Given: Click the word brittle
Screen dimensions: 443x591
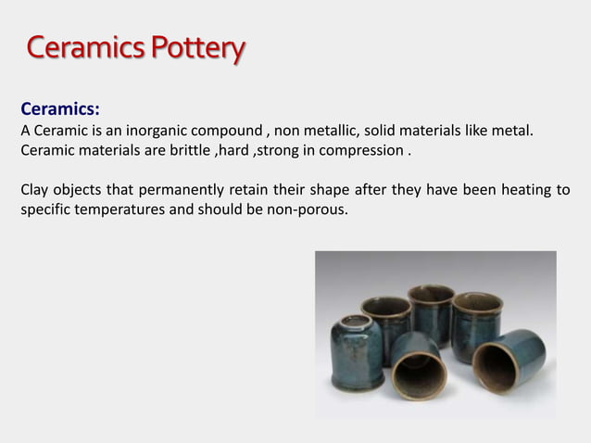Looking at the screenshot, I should pyautogui.click(x=187, y=150).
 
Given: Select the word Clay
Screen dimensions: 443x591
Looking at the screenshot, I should pyautogui.click(x=35, y=191).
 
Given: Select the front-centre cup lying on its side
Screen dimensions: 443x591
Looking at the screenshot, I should pyautogui.click(x=418, y=365).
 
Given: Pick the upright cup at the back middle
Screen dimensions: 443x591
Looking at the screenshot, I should pyautogui.click(x=431, y=311).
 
